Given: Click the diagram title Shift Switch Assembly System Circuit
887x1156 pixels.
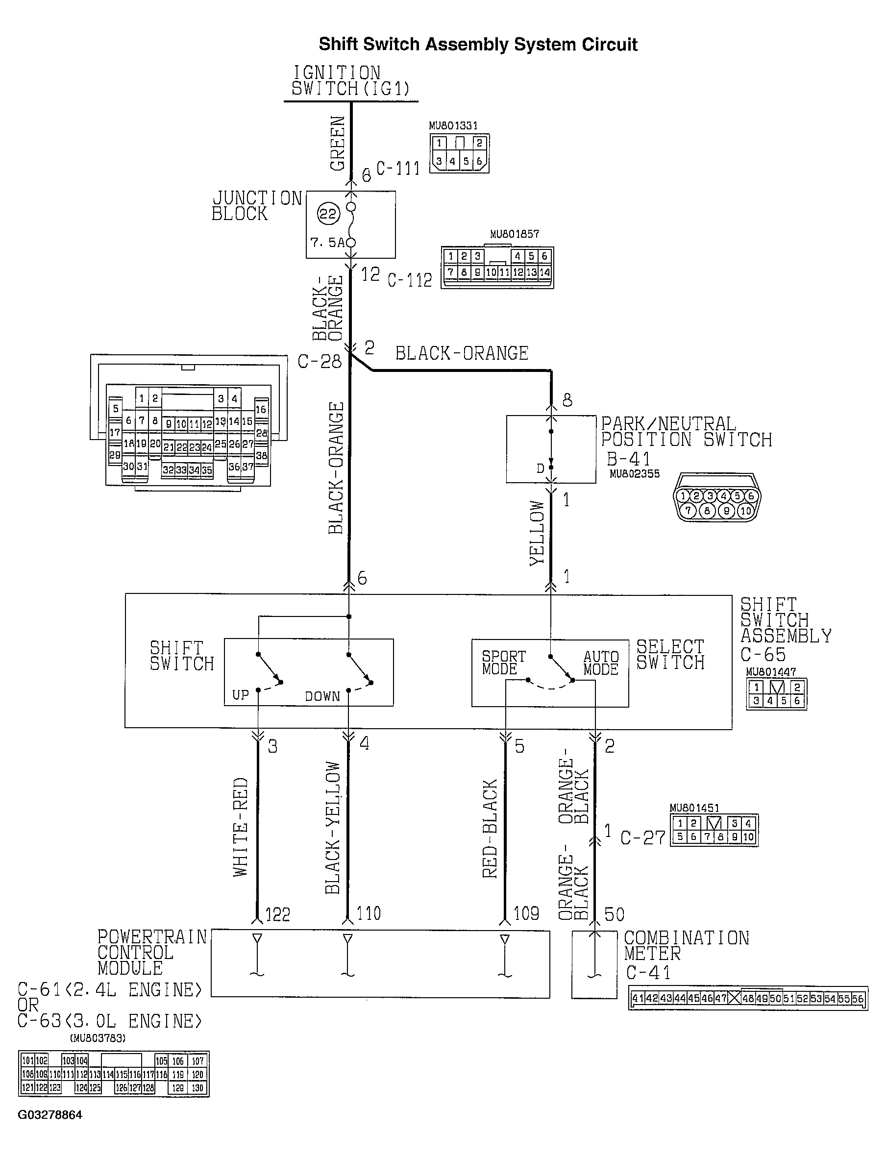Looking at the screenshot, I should point(478,44).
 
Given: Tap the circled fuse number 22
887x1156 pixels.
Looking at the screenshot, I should point(328,214).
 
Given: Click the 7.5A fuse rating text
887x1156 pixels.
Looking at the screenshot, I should point(327,242).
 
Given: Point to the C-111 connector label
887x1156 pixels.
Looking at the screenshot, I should point(397,169).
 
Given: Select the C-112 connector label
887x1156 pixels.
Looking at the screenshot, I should point(409,280).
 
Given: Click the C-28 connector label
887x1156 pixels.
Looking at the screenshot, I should point(320,362).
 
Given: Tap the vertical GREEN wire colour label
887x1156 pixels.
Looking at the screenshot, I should point(337,143).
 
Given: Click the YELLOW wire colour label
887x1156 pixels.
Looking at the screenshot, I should point(537,533).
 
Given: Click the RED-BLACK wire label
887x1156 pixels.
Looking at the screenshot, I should point(490,829).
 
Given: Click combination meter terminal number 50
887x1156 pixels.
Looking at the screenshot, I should point(614,914).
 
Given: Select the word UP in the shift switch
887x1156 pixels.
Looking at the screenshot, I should point(240,695).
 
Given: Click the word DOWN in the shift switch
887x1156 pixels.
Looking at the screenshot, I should point(322,696).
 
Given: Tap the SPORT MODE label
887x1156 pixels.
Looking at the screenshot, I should point(503,663).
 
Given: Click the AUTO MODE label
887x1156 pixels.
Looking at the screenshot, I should point(601,663).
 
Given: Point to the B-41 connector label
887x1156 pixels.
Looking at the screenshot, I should point(628,459).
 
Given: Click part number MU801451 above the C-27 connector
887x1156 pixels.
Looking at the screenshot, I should point(694,808).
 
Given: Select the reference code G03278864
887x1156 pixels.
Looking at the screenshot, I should point(50,1115).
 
